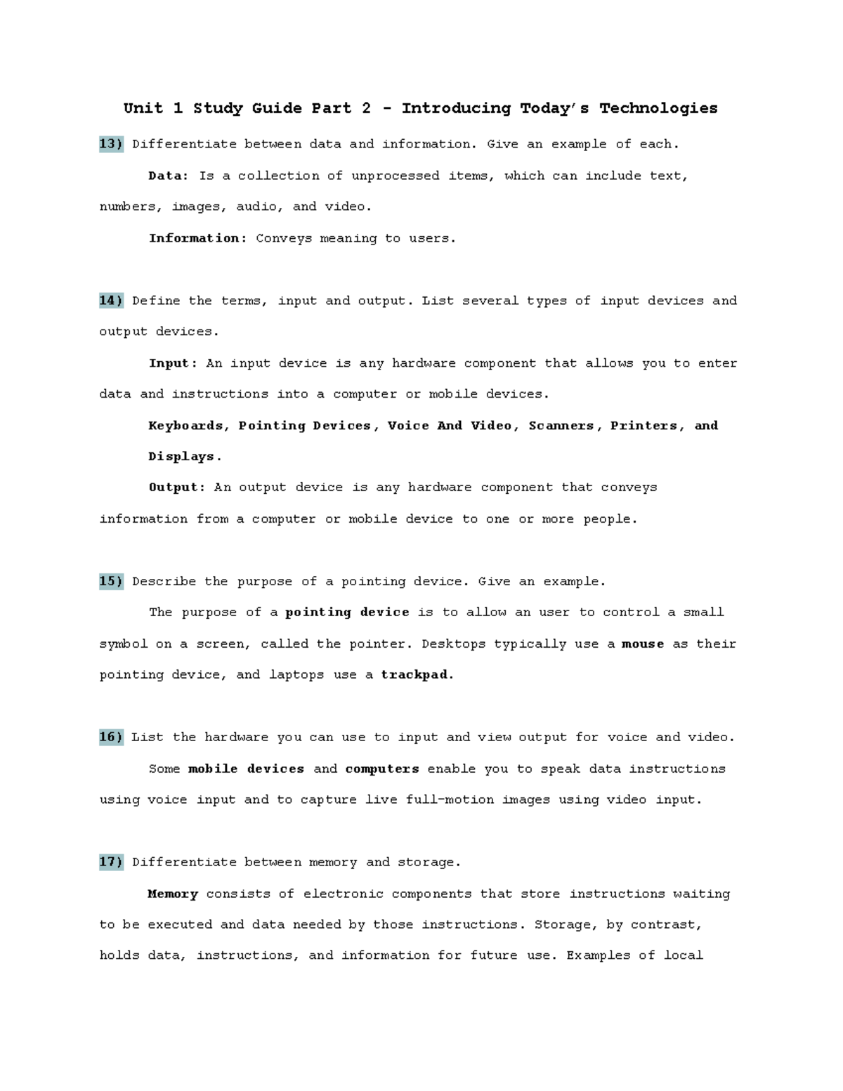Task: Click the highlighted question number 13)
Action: pos(111,144)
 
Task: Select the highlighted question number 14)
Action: pos(111,301)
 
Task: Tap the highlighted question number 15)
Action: pos(111,582)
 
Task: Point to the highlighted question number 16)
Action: pos(111,737)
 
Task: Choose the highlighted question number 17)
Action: pos(111,862)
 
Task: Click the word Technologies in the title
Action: pos(658,108)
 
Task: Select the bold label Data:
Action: pos(169,176)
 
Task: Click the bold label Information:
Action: pos(197,238)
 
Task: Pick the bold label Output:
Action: pos(177,487)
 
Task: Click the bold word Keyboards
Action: pos(185,425)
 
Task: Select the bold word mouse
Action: pos(643,644)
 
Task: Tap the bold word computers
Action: pos(382,769)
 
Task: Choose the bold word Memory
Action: pos(173,894)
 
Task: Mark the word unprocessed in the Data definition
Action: pos(395,176)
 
